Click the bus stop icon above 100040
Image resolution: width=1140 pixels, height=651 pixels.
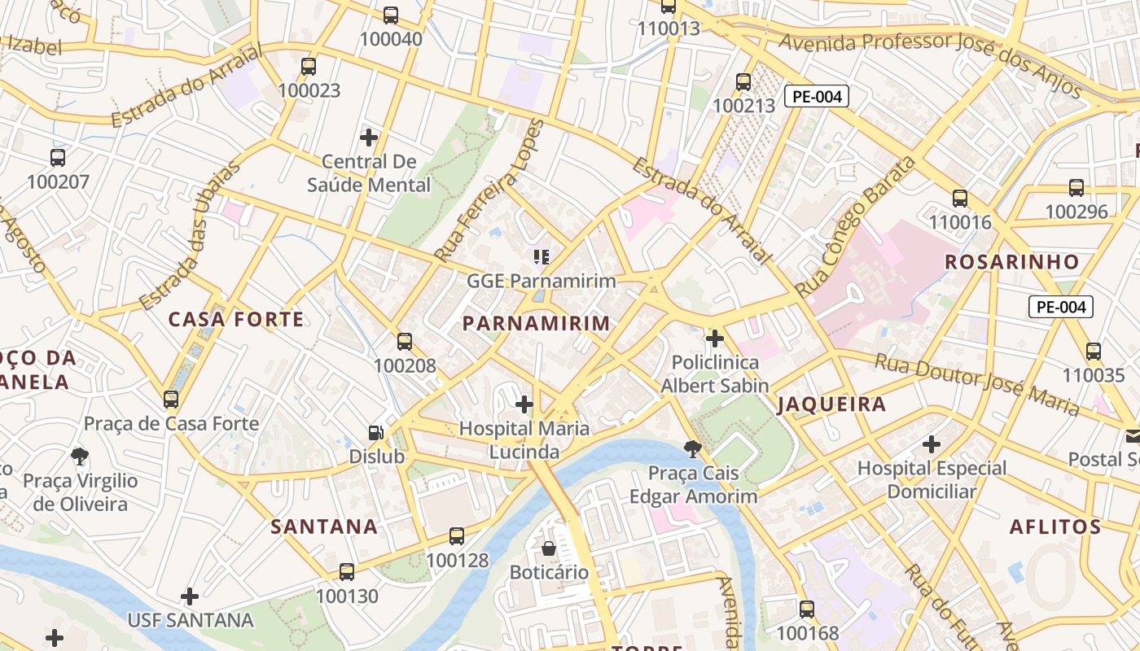391,15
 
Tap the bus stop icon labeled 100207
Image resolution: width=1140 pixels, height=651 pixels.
58,157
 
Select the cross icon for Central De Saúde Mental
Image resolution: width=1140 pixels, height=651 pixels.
369,137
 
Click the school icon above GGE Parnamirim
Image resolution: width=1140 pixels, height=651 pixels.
541,257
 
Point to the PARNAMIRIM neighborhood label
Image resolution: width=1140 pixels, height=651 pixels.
536,323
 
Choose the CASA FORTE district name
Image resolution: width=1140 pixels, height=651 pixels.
236,319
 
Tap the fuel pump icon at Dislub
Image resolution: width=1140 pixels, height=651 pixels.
376,433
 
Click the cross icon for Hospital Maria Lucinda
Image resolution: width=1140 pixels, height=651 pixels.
524,404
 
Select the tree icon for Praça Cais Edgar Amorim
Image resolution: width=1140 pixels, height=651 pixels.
693,448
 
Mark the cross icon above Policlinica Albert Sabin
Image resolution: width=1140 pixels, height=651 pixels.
715,338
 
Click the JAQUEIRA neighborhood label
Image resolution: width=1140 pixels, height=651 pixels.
831,404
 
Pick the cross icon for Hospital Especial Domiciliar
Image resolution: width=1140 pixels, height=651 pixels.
932,444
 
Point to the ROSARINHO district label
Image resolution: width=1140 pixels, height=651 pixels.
1011,262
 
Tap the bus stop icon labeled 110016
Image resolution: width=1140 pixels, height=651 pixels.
960,198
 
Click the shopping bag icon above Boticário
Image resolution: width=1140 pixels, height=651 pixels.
549,548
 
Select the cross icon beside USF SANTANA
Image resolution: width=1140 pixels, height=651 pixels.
190,596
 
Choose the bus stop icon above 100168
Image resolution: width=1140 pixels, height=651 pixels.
807,609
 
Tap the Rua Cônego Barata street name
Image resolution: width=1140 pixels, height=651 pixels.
855,227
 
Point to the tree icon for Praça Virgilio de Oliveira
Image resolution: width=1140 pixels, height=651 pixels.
80,456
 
